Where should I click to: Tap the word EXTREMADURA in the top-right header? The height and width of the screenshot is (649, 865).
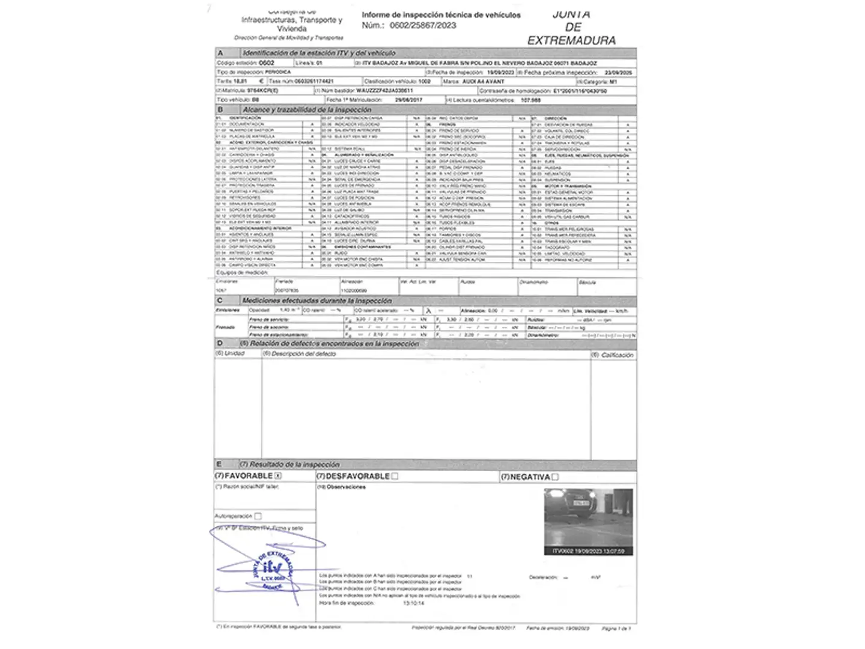coord(571,40)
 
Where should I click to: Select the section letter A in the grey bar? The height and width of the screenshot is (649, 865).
coord(220,53)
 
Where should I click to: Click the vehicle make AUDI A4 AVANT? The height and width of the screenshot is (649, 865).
coord(483,81)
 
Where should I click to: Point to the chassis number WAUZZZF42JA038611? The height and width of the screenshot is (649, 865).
coord(384,91)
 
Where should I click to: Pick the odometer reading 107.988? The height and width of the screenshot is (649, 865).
coord(530,100)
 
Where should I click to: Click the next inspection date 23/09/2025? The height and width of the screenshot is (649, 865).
coord(618,72)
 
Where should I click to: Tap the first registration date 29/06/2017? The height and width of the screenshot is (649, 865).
coord(408,100)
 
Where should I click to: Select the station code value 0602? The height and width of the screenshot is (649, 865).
coord(266,62)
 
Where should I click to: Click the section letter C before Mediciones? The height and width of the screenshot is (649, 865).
coord(220,300)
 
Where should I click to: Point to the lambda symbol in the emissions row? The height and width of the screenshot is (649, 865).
coord(428,311)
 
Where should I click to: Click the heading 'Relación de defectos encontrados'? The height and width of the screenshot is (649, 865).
coord(334,344)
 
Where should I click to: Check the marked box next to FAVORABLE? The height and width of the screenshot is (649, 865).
coord(278,475)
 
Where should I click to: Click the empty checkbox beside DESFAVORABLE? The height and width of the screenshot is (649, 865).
coord(395,476)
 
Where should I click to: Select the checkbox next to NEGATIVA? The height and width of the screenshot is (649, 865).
coord(555,477)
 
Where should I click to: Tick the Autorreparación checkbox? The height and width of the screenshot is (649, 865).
coord(258,516)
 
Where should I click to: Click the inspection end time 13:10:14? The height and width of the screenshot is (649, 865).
coord(413,603)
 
